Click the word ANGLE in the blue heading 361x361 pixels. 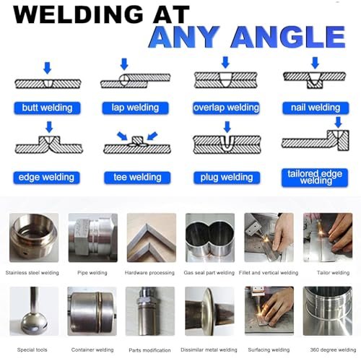(288, 37)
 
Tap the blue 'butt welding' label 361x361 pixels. (47, 108)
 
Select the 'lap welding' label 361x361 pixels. (135, 108)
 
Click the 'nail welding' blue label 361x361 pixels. (316, 108)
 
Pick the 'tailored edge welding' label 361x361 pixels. (315, 178)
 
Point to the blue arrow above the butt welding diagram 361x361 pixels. (48, 68)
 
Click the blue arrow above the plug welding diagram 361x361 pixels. (227, 127)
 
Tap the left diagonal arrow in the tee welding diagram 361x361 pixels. (122, 136)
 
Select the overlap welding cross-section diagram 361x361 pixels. (225, 79)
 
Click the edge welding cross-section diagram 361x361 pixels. (49, 144)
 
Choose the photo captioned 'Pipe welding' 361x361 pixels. (93, 238)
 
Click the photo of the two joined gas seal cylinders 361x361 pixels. (210, 238)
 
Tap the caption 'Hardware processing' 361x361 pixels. (149, 273)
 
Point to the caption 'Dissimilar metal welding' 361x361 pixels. (209, 349)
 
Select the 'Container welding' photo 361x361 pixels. (92, 311)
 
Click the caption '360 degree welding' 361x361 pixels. (333, 349)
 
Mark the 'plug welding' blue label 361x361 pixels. (227, 178)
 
